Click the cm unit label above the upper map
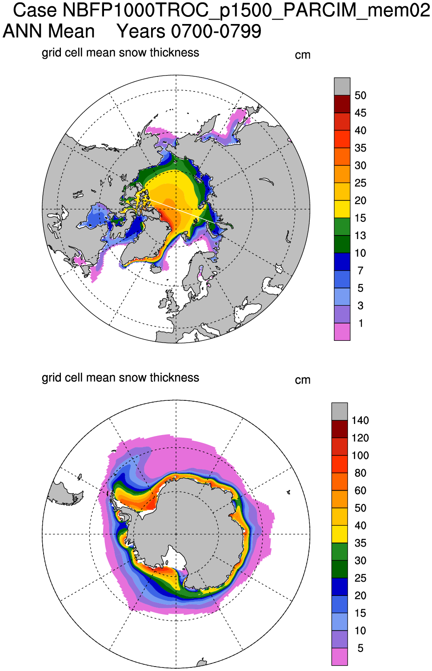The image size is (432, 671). point(303,55)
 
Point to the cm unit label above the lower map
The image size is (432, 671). point(303,380)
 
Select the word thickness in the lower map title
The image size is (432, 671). point(174,377)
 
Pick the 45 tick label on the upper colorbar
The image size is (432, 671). point(360,113)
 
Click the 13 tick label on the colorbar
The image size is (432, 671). point(360,236)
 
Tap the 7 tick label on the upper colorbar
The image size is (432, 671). point(360,271)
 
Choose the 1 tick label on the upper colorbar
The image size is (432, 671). point(360,323)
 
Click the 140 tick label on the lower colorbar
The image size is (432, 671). point(360,420)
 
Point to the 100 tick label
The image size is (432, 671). point(360,455)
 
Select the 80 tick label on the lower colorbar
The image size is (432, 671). point(360,473)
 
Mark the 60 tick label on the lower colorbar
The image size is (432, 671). point(360,491)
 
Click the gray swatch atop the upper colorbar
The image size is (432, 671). point(342,86)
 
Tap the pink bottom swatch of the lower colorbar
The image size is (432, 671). point(340,657)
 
